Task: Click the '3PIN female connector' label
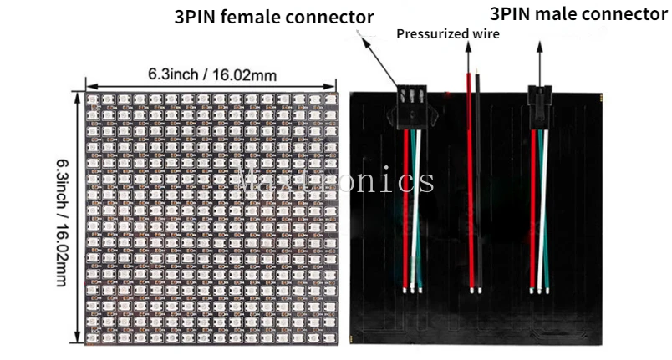coord(274,17)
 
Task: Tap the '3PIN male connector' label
coord(578,14)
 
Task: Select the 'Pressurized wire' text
coord(447,34)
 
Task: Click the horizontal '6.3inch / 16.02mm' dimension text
coord(212,74)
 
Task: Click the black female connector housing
coord(409,104)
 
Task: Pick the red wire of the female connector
coord(405,209)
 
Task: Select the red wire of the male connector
coord(534,209)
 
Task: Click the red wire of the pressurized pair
coord(470,184)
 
